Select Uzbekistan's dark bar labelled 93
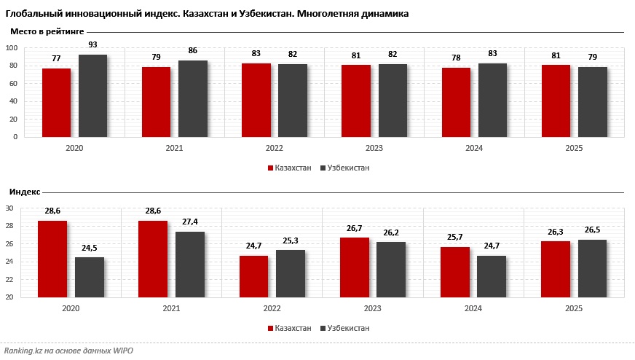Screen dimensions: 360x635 coord(92,95)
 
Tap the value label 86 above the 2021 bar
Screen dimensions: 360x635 coord(192,51)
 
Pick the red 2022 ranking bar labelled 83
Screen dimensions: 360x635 coord(256,100)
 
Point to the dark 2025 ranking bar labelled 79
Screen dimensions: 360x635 coord(593,101)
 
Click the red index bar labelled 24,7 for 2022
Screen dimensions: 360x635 coord(253,276)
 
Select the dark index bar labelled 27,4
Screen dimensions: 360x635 coord(189,265)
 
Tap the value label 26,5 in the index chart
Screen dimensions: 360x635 coord(591,230)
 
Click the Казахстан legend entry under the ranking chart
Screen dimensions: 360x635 coord(289,168)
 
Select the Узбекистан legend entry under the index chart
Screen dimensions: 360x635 coord(344,328)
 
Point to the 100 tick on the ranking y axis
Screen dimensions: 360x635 coord(11,48)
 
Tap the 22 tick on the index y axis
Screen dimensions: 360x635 coord(10,280)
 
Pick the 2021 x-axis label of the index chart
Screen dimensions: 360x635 coord(172,309)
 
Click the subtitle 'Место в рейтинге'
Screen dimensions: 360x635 coord(47,32)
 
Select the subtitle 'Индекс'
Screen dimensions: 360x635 coord(25,192)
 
